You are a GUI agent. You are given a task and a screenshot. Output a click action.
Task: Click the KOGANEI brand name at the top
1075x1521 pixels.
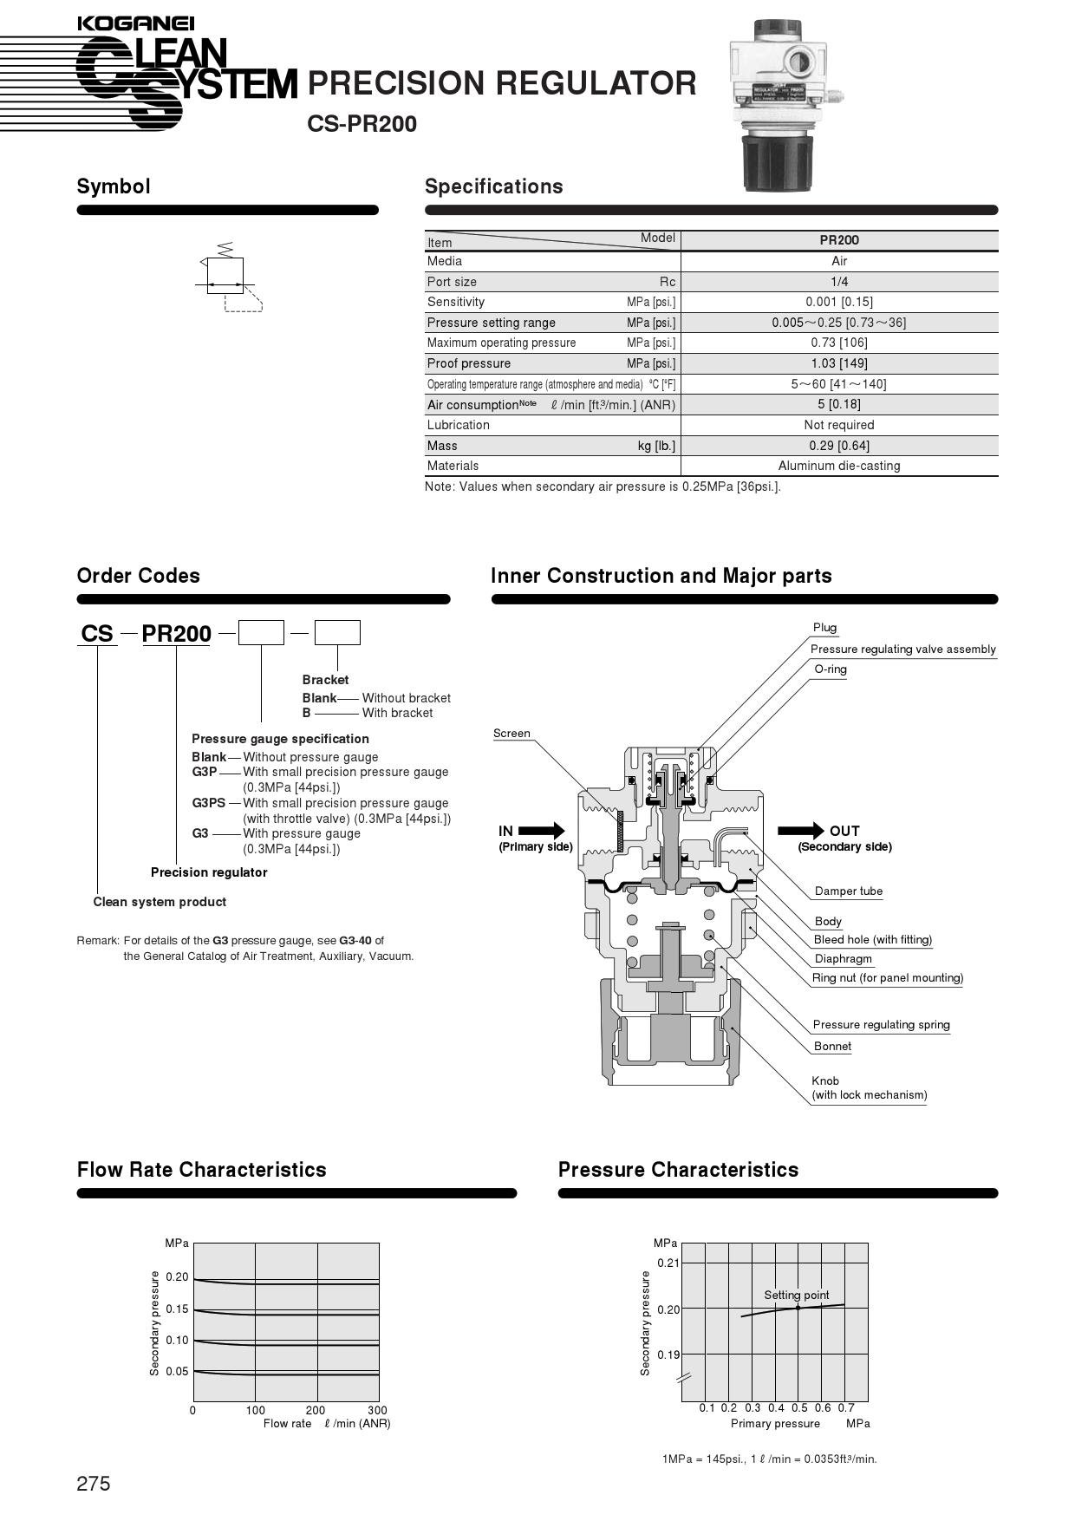pos(135,23)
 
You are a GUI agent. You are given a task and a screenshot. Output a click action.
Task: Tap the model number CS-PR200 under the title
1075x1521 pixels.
pos(362,124)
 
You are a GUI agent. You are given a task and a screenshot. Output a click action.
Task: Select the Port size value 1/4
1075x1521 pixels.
pos(838,282)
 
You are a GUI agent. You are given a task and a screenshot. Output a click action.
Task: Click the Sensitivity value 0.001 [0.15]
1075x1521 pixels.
pos(838,302)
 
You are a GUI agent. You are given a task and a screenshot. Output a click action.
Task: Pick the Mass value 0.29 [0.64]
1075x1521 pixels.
pos(838,446)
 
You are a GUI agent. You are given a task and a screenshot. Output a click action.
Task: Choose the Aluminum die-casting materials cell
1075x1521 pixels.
pos(838,466)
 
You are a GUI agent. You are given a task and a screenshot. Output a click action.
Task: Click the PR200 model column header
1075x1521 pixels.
pos(838,240)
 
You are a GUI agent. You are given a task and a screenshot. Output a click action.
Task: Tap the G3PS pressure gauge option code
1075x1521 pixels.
pos(207,803)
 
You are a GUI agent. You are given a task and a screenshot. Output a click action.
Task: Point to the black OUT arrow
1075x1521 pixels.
pos(801,831)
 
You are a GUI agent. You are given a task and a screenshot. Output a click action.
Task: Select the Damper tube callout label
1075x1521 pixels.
pos(848,891)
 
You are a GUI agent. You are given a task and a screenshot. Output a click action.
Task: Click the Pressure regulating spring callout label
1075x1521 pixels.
pos(881,1025)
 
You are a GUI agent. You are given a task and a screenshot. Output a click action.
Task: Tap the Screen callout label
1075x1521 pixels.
pos(511,734)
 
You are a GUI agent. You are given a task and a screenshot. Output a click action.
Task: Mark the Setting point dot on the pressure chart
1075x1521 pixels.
pos(798,1308)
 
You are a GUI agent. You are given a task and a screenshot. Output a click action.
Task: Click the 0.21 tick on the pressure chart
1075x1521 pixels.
pos(668,1263)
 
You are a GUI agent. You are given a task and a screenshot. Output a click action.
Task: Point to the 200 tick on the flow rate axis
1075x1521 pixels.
pos(316,1410)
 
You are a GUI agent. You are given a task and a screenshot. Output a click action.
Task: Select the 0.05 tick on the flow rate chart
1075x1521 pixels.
pos(177,1371)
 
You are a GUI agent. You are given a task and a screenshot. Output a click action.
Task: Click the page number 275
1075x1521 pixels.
pos(94,1484)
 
